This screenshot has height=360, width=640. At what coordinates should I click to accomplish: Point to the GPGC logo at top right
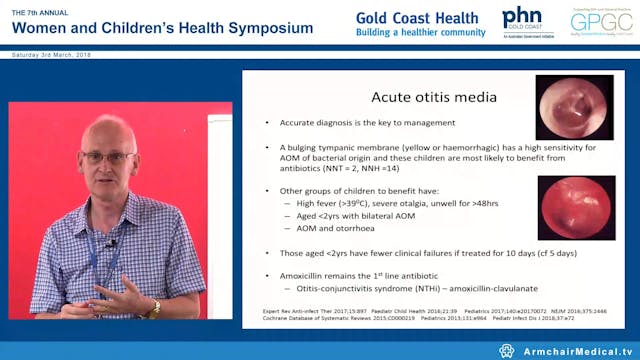tap(600, 21)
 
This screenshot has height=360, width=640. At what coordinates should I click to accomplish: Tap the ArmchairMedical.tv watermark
tap(571, 350)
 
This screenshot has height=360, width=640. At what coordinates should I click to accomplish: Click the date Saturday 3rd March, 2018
tap(50, 56)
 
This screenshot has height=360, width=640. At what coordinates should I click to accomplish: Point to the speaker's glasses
tap(105, 157)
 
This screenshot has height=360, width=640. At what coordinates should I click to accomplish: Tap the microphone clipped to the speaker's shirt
tap(112, 244)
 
